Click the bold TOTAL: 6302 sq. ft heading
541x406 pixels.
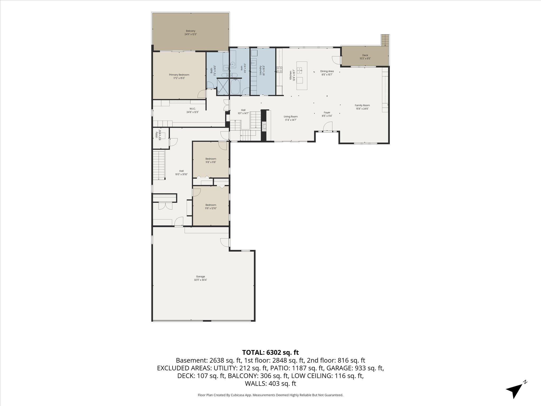coord(270,352)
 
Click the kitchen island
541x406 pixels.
coord(302,76)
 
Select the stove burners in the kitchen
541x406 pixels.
coord(279,70)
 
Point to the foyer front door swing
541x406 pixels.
coord(328,126)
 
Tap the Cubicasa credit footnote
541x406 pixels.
coord(270,395)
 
